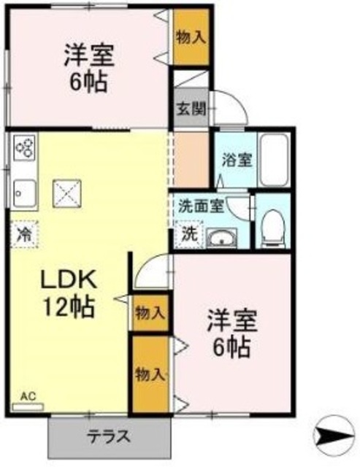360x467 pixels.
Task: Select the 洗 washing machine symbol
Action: point(189,235)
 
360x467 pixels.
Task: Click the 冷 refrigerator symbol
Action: point(24,235)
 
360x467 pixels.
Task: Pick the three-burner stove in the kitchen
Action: point(24,148)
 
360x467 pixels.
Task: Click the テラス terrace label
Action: point(109,437)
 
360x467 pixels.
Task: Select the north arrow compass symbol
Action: point(338,437)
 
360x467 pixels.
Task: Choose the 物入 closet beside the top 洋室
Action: point(191,36)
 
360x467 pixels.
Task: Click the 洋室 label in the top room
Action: point(91,54)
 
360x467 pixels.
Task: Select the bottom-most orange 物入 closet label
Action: point(149,374)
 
